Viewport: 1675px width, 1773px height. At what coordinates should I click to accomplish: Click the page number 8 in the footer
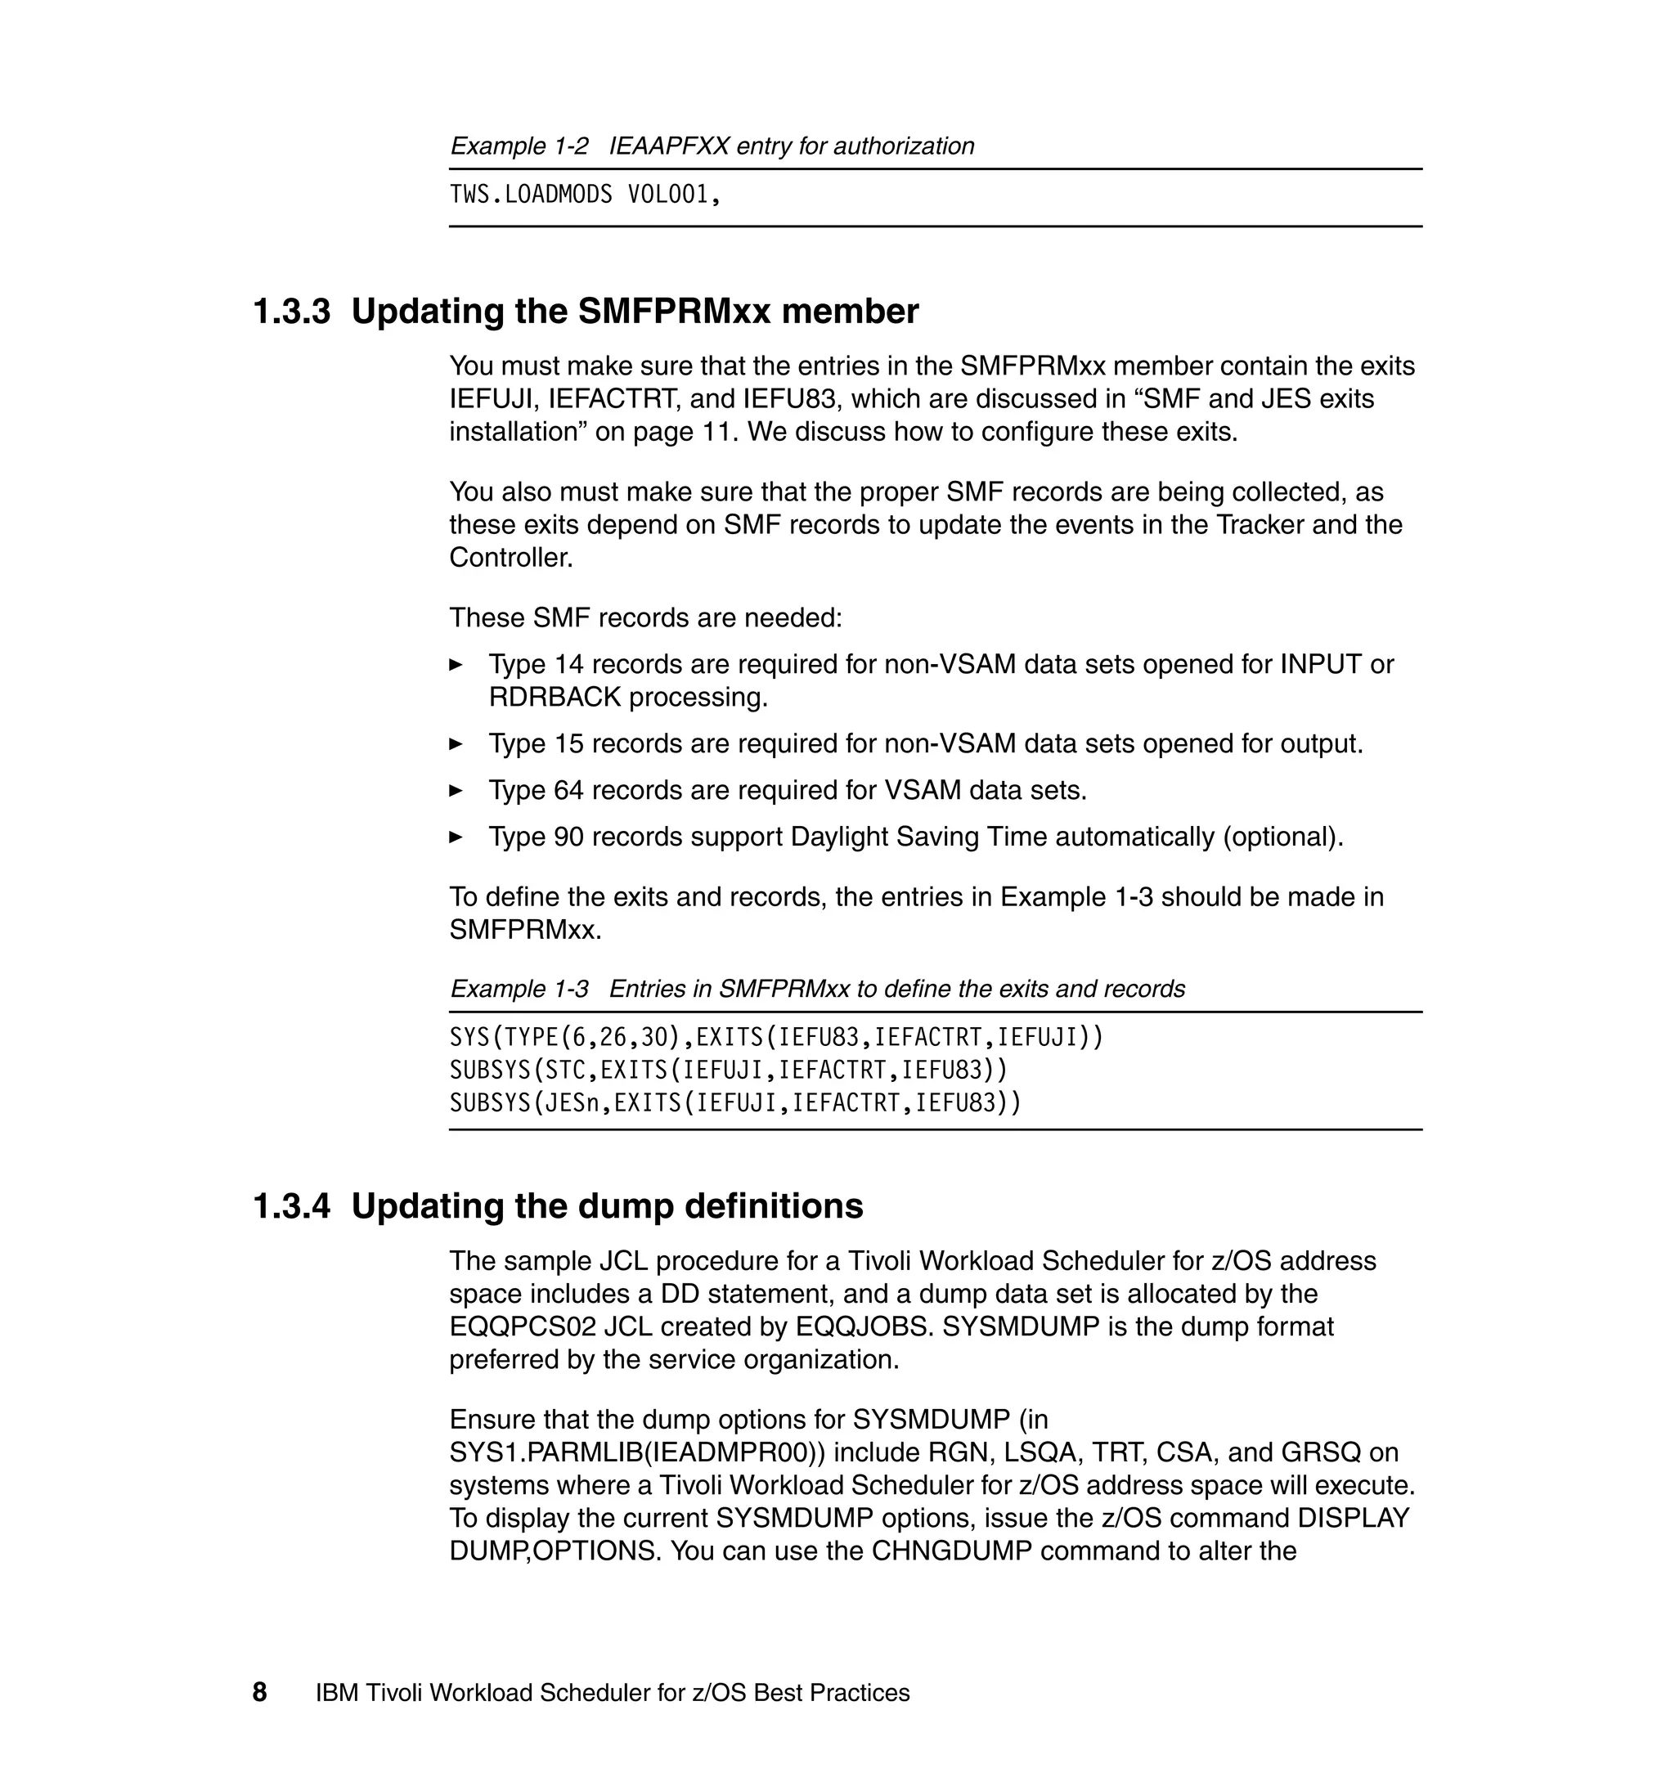[x=260, y=1692]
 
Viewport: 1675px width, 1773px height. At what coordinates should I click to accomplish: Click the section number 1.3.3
[x=292, y=312]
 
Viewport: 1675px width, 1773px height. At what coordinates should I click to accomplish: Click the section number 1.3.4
[x=292, y=1206]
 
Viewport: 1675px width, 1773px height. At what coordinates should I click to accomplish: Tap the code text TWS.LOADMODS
[x=530, y=195]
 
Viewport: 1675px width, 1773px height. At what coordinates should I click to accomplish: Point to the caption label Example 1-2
[x=519, y=146]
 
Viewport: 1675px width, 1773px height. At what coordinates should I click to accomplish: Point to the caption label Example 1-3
[x=519, y=990]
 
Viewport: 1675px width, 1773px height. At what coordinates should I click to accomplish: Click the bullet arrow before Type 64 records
[x=456, y=790]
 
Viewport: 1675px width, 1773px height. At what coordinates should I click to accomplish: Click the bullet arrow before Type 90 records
[x=456, y=837]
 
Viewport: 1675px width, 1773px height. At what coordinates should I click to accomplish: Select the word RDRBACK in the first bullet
[x=555, y=698]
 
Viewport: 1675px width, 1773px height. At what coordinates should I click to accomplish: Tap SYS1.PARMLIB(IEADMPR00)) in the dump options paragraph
[x=637, y=1452]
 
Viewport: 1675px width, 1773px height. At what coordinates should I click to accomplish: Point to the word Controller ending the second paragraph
[x=510, y=558]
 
